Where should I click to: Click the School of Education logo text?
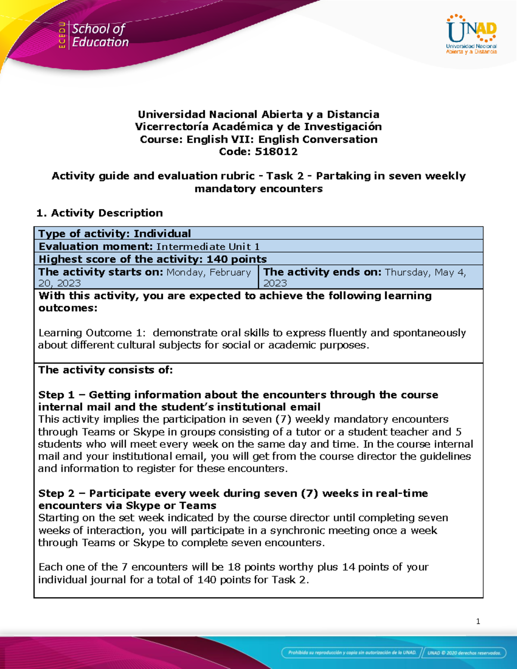click(100, 35)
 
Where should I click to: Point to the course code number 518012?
click(276, 152)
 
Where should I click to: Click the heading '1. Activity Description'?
click(100, 213)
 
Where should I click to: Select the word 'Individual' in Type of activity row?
click(162, 233)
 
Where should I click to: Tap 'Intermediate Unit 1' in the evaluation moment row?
click(208, 246)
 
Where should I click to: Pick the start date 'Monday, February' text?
click(209, 272)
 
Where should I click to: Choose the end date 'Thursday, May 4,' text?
click(425, 272)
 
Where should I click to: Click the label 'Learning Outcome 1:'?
click(92, 333)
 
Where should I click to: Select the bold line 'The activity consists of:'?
click(106, 370)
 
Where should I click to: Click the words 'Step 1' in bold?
click(56, 395)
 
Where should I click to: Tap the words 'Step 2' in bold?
click(56, 493)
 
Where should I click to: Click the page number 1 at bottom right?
click(478, 621)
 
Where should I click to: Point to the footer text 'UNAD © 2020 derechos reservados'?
click(464, 653)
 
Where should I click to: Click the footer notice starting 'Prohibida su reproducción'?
click(352, 653)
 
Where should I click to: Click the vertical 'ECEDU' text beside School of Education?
click(62, 35)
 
